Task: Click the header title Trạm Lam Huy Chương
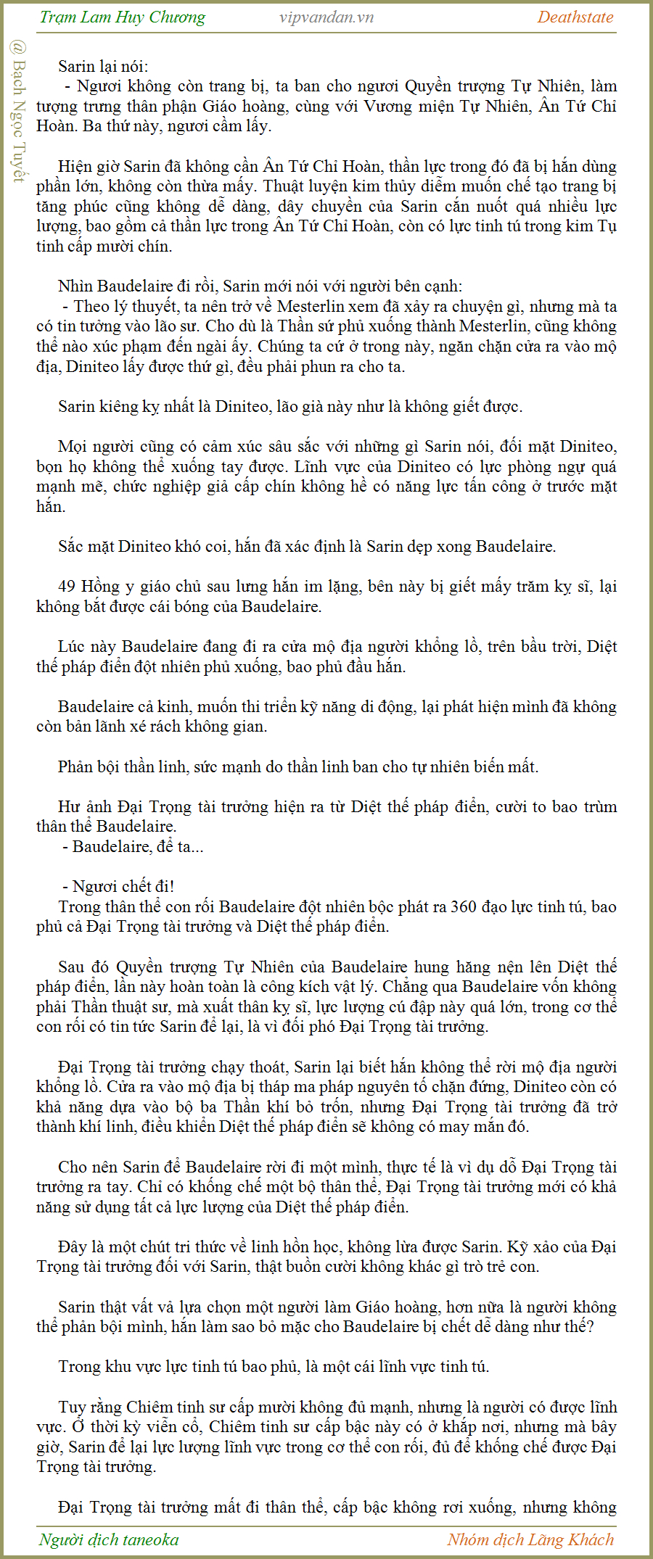pos(122,17)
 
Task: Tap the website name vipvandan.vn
pos(326,17)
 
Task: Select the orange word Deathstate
pos(575,17)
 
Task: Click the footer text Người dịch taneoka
pos(109,1539)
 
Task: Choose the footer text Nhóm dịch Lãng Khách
pos(530,1539)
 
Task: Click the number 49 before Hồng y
pos(67,586)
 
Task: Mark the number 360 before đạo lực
pos(464,906)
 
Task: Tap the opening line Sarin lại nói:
pos(103,67)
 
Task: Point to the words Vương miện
pos(398,107)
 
